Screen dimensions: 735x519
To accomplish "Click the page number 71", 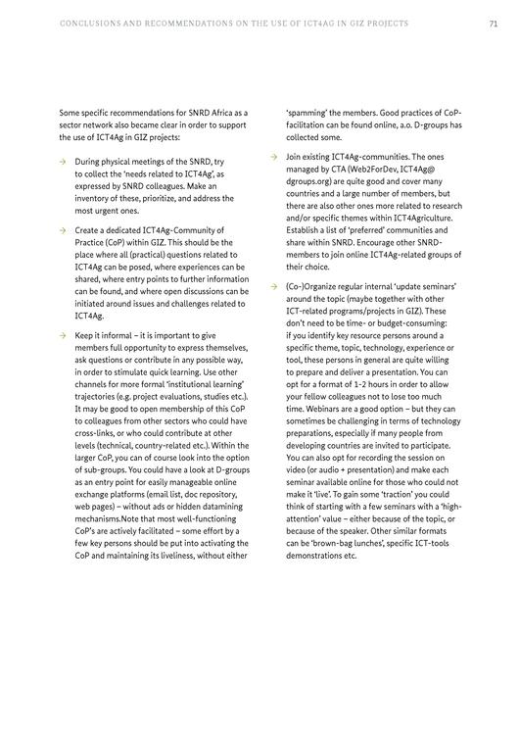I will click(494, 23).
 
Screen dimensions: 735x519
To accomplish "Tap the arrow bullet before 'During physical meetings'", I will click(63, 161).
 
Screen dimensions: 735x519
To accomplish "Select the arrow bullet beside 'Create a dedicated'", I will click(63, 230).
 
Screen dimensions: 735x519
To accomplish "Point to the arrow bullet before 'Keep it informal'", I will click(63, 335).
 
